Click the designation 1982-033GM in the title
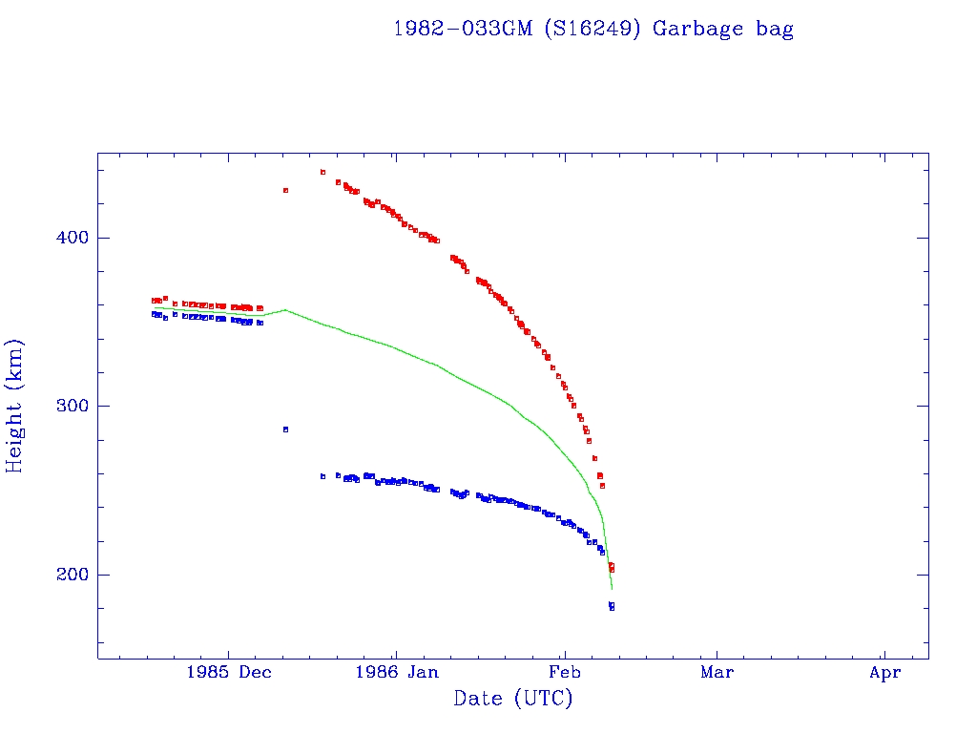[464, 30]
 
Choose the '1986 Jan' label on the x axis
[396, 673]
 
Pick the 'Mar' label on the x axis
[717, 673]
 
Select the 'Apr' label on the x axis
[884, 673]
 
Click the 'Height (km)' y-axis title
[15, 406]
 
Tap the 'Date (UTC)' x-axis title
[513, 699]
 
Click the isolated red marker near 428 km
[285, 190]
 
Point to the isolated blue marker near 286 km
[285, 429]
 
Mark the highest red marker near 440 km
[322, 173]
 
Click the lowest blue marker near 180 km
[612, 607]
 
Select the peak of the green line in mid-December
[285, 309]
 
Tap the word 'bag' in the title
[775, 30]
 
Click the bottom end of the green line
[612, 589]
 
